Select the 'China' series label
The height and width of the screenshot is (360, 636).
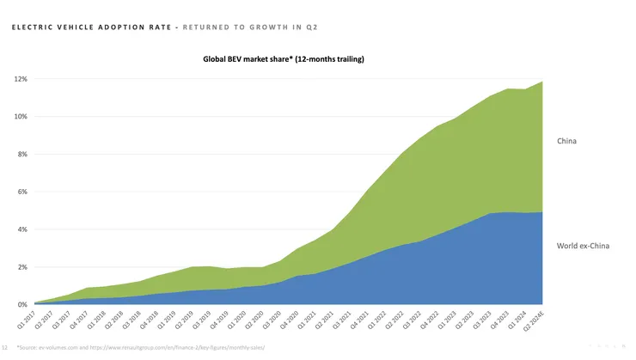[x=567, y=141]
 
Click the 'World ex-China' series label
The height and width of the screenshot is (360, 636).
[x=582, y=246]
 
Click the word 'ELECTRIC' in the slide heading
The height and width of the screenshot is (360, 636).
[x=31, y=27]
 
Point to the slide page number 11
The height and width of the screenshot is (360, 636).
[x=6, y=347]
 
